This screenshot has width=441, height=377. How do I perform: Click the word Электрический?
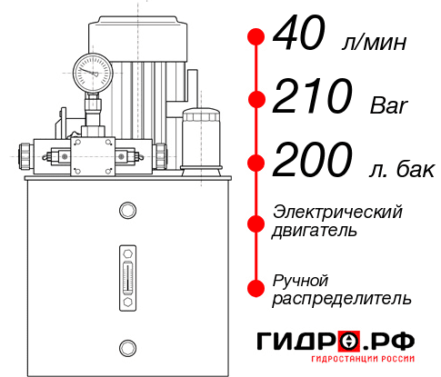pos(337,212)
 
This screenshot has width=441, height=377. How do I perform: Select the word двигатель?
pos(315,231)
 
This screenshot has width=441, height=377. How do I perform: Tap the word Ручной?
pos(300,279)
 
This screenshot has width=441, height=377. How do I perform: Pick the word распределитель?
pos(342,298)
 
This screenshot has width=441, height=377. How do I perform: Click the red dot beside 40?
pos(256,37)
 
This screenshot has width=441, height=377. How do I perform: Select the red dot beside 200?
pos(256,163)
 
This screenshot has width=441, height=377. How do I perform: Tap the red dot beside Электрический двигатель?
pos(256,222)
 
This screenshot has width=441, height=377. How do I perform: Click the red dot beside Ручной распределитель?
pos(256,287)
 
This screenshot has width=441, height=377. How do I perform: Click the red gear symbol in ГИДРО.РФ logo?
pos(348,341)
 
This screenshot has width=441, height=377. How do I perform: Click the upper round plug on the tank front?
pos(126,211)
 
